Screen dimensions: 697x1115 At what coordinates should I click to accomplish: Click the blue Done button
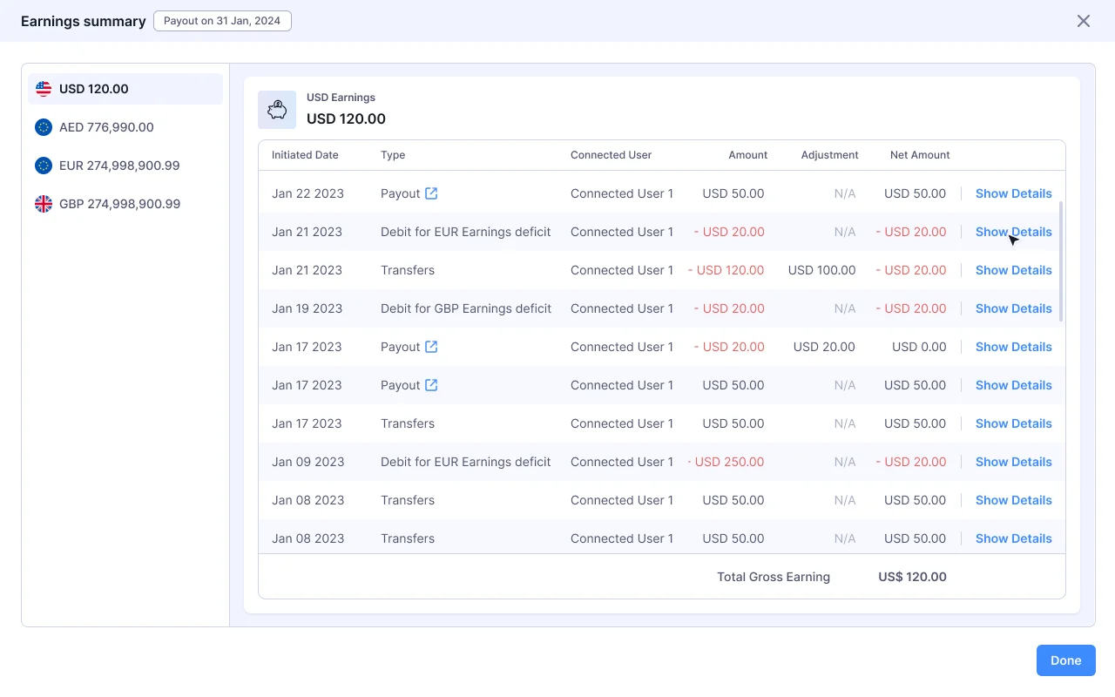click(1065, 660)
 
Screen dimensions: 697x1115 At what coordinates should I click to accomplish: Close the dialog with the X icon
click(1084, 21)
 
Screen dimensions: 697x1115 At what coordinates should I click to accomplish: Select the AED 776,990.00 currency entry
click(106, 127)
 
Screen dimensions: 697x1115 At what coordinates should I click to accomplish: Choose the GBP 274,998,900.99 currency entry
click(119, 204)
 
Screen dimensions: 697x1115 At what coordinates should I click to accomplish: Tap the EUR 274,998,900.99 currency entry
click(119, 166)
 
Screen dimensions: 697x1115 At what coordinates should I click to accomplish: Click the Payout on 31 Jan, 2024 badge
click(222, 21)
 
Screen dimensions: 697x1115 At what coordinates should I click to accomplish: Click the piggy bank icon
click(277, 110)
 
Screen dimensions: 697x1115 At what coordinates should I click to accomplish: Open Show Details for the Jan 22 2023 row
click(1013, 193)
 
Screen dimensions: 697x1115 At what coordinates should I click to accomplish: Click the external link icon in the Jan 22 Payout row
click(431, 193)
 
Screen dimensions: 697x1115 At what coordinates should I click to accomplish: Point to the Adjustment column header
click(829, 155)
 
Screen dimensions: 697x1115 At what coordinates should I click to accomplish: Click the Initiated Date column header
click(305, 155)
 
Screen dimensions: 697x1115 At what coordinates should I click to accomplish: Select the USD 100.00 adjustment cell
click(821, 270)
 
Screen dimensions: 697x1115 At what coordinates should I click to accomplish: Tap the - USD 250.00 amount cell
click(726, 462)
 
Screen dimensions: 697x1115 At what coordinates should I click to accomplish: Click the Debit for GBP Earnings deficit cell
click(465, 308)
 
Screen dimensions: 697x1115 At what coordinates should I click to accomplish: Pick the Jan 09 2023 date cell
click(307, 462)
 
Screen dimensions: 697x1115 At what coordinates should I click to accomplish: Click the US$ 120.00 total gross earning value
click(912, 577)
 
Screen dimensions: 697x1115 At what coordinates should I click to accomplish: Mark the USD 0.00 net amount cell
click(919, 347)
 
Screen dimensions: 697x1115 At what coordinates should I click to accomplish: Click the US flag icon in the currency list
click(44, 89)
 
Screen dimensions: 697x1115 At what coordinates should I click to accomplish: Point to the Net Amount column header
click(920, 155)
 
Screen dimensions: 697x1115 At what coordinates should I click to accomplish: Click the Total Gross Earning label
click(773, 577)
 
